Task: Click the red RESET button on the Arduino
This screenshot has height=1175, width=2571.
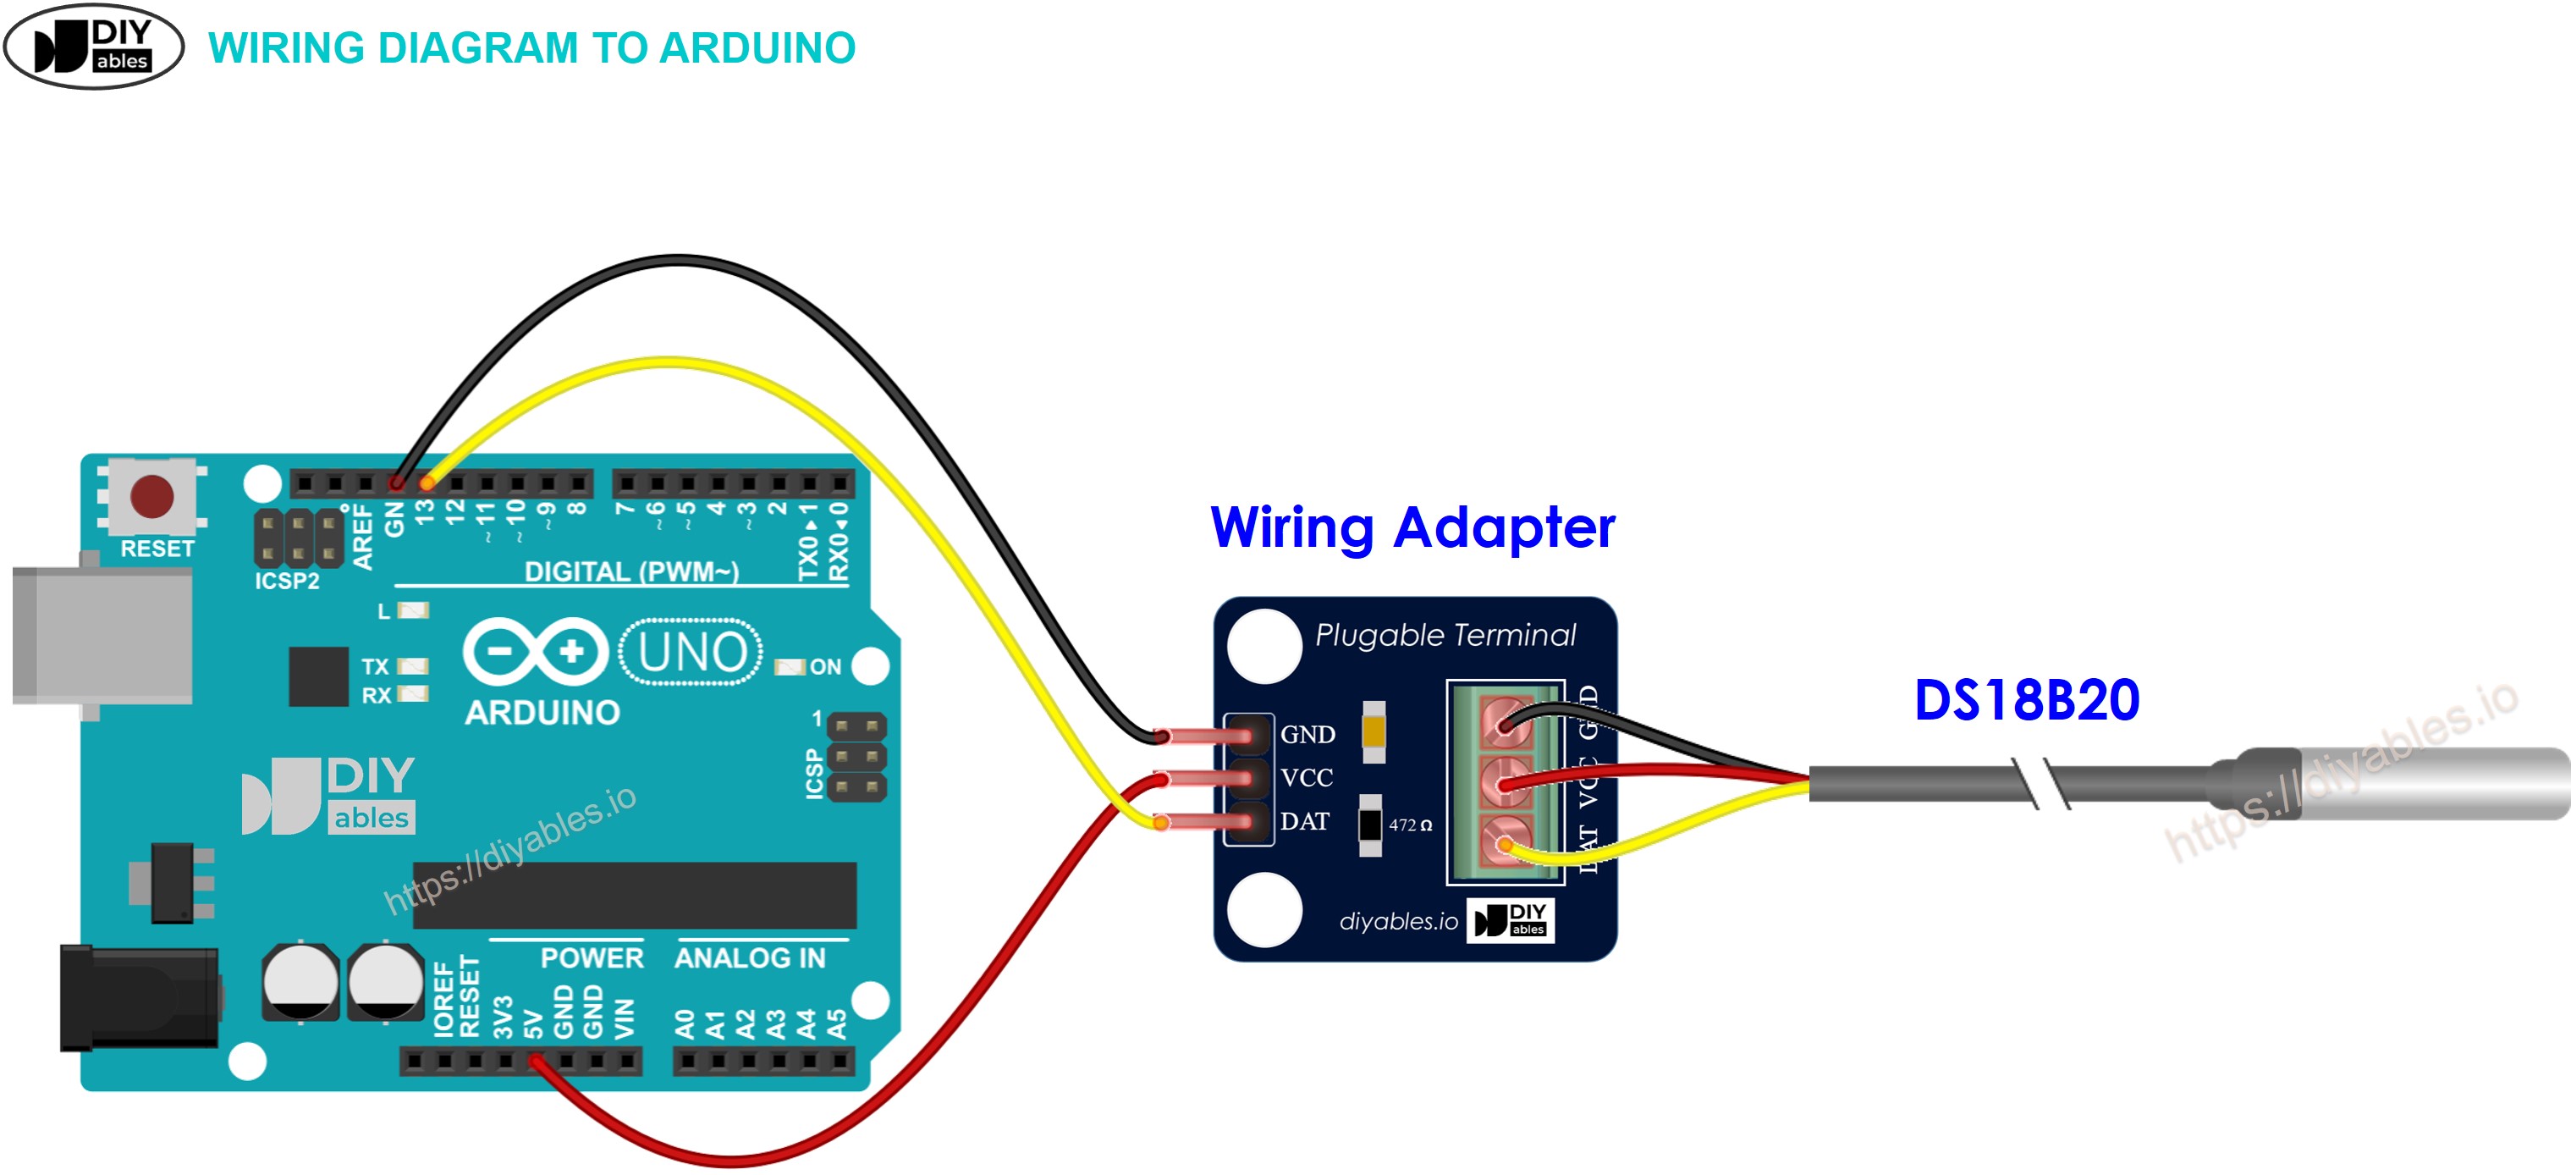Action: (151, 496)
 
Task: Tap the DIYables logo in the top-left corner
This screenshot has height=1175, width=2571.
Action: (94, 46)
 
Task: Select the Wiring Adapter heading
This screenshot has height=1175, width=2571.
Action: (1412, 527)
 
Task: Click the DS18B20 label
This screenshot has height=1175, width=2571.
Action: (2026, 700)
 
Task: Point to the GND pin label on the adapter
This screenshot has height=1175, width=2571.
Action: (1307, 735)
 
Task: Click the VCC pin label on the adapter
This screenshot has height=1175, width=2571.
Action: (1306, 778)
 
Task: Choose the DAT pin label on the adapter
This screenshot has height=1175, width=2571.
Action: (1303, 822)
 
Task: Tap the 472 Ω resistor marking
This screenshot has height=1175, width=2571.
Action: (1409, 825)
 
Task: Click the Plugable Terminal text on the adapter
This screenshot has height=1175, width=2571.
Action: (1445, 635)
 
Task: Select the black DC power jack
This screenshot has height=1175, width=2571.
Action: (138, 997)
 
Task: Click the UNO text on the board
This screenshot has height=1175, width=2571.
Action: (691, 652)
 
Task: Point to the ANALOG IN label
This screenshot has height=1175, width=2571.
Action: (750, 958)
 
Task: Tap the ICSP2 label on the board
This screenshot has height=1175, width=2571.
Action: (286, 581)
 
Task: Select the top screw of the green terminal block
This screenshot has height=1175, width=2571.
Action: (1505, 720)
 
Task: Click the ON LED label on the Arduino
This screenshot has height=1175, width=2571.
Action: (824, 666)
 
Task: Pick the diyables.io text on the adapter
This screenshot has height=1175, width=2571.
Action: (1397, 921)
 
